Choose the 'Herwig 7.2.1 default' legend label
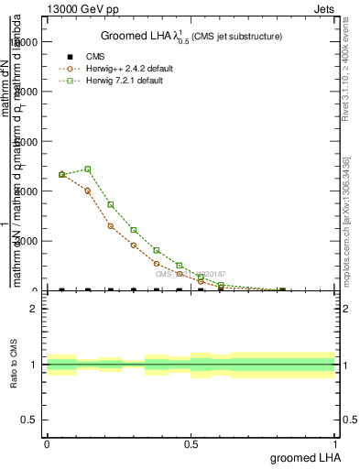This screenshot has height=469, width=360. [x=125, y=81]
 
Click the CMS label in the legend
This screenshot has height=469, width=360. [x=95, y=57]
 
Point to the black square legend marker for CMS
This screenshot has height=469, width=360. [x=71, y=57]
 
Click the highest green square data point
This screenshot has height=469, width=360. [x=87, y=169]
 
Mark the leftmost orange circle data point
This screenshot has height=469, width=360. [x=61, y=174]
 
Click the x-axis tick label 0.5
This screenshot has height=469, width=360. [x=191, y=443]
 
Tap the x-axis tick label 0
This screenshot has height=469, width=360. [x=47, y=443]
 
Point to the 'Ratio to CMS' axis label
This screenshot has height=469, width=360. [x=14, y=364]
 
